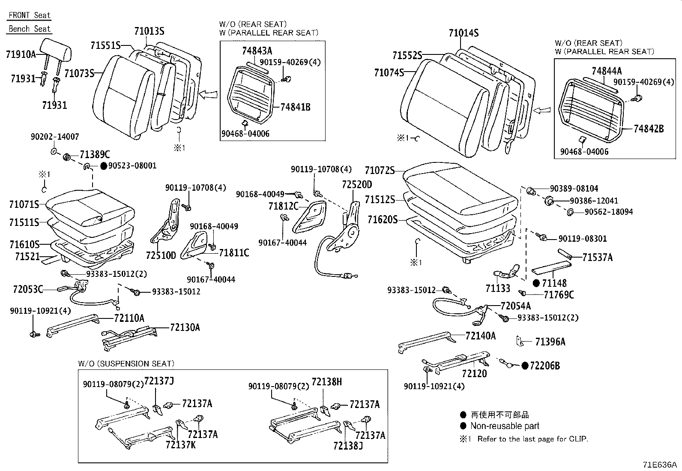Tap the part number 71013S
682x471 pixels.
[149, 31]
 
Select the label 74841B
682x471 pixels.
[295, 107]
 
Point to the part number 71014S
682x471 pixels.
[464, 33]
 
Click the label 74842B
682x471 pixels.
[649, 129]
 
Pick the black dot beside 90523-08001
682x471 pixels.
[104, 166]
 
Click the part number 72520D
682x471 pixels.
[357, 185]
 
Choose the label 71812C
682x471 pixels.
[284, 206]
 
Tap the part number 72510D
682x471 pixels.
[161, 255]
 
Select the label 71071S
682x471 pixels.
[24, 204]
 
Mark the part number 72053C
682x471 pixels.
[28, 289]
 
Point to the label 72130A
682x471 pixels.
[185, 327]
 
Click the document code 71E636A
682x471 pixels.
[660, 465]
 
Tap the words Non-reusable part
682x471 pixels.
[505, 426]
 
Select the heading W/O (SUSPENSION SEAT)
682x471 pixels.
[126, 364]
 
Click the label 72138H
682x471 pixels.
[327, 382]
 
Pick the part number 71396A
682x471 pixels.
[550, 342]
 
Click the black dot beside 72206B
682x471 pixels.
[525, 366]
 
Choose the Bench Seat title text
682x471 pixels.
[30, 29]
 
